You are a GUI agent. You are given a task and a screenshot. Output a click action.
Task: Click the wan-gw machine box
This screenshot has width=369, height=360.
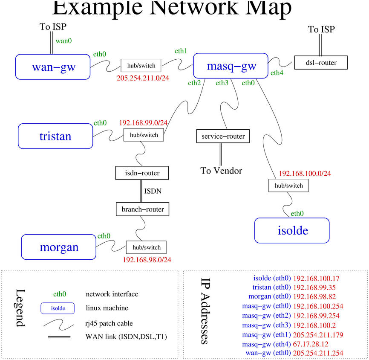point(53,67)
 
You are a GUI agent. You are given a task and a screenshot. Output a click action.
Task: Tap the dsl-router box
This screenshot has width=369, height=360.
point(321,63)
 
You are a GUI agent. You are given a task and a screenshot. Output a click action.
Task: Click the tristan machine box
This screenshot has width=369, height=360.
point(55,136)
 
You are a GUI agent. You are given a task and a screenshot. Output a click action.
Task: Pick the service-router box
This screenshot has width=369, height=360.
point(223,136)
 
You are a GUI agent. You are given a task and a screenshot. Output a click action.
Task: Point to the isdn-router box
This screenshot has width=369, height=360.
point(142,173)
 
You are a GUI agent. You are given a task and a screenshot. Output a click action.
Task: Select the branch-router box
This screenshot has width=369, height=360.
point(142,209)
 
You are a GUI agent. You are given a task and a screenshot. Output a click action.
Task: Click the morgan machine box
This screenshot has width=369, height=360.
point(59,247)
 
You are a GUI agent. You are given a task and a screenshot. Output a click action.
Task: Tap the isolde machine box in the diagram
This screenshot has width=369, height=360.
point(292,231)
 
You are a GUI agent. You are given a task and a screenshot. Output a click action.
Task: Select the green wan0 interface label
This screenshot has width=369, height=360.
point(63,41)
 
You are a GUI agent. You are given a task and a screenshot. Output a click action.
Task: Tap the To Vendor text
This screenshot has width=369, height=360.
point(221,171)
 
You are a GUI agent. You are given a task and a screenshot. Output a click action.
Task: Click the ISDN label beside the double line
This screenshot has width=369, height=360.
point(153,191)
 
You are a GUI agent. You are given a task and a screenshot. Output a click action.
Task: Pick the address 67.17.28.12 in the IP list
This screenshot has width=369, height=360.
point(311,343)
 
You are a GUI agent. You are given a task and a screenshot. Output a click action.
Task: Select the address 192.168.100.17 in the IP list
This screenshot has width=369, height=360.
point(316,278)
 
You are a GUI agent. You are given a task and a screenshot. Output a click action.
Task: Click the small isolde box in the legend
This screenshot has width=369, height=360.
point(58,308)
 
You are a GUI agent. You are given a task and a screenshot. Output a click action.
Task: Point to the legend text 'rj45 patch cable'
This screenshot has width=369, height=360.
point(109,323)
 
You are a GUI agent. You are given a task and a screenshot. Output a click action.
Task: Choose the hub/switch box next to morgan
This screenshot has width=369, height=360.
point(146,247)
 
